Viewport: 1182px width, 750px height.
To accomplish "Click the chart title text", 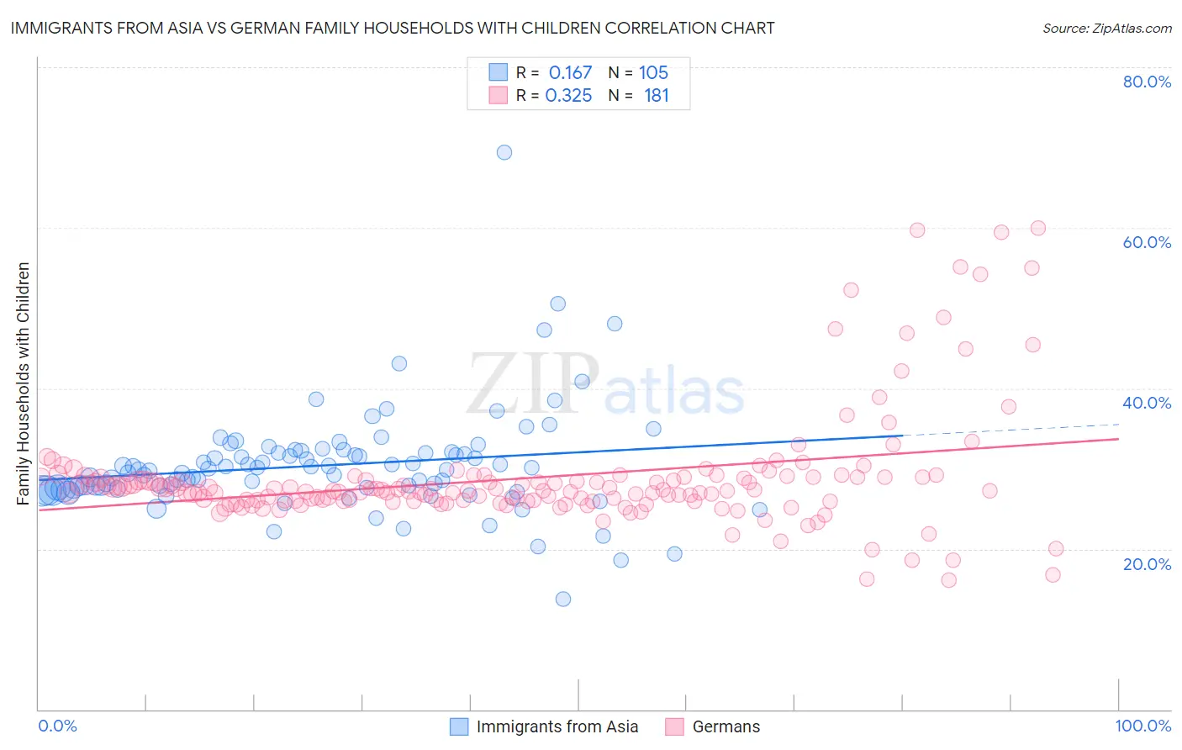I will (x=393, y=28).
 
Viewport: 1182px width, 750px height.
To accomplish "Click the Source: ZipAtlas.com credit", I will (x=1106, y=28).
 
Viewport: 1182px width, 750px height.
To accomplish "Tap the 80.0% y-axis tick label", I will (x=1147, y=82).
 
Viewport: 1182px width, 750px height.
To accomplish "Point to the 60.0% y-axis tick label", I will (x=1147, y=242).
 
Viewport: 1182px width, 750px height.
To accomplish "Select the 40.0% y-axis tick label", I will (x=1147, y=403).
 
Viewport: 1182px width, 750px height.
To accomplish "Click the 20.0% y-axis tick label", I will (x=1147, y=563).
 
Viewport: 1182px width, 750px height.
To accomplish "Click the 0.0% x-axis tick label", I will (x=57, y=726).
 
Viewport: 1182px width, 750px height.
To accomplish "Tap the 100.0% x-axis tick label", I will (x=1142, y=726).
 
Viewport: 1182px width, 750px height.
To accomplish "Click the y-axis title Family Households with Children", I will (x=24, y=383).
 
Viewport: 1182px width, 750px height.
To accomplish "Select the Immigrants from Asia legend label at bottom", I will (x=557, y=726).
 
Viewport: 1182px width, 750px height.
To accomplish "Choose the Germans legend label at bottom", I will (x=726, y=726).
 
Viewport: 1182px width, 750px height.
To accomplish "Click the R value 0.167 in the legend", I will (x=570, y=73).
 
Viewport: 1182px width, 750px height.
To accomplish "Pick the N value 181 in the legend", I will (x=656, y=96).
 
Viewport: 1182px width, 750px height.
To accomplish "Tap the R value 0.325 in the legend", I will (x=568, y=96).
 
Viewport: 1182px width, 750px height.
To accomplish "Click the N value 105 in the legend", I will (x=653, y=73).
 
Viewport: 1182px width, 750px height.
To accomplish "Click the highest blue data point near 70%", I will (x=504, y=152).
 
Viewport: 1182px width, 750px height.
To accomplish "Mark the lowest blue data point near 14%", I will (x=563, y=599).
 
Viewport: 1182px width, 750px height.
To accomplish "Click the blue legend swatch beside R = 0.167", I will (x=499, y=72).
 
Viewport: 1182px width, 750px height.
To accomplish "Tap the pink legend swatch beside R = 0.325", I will (x=499, y=95).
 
